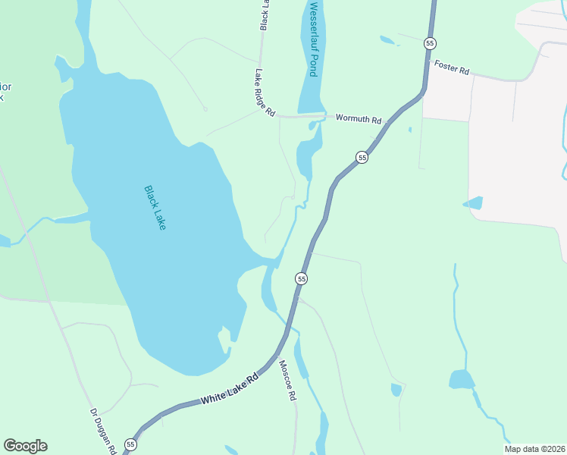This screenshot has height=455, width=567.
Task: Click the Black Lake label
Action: (155, 208)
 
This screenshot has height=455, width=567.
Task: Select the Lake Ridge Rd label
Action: (265, 93)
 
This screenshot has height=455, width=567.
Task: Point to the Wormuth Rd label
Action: (358, 118)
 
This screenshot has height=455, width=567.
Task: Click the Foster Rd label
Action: (452, 67)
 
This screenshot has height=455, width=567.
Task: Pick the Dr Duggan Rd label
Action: (102, 431)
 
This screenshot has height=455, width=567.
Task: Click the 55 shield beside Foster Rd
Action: (430, 43)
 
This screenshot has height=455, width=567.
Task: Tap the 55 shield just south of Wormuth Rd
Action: (362, 157)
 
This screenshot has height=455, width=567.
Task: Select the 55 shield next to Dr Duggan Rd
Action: (131, 444)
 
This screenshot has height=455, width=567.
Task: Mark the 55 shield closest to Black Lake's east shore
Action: (302, 279)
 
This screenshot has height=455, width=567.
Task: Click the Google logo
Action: (25, 446)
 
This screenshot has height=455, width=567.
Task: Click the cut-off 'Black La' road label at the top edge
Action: (265, 15)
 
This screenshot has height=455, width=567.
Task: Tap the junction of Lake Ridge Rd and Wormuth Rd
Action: (277, 116)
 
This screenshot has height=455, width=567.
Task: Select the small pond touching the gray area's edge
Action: (472, 202)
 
